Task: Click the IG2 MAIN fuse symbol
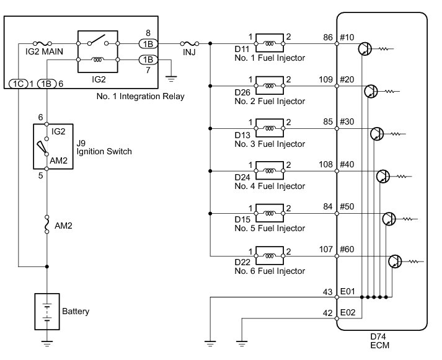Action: point(42,43)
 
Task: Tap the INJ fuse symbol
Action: point(190,43)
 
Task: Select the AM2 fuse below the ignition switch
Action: point(46,224)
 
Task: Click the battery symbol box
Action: point(46,312)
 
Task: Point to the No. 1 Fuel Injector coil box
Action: point(270,43)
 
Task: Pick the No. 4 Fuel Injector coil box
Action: point(270,170)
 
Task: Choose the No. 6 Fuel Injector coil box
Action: point(270,256)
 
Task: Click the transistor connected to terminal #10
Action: point(365,49)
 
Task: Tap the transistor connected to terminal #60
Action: point(395,261)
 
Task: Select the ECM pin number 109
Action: point(326,80)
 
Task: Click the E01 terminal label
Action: point(348,291)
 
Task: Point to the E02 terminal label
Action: point(348,312)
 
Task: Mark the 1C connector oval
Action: point(19,84)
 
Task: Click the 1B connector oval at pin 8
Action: point(148,44)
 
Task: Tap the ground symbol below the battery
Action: point(46,344)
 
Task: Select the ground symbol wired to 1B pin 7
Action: point(171,79)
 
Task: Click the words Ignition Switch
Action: point(104,152)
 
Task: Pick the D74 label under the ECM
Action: point(378,336)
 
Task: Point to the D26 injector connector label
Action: point(242,92)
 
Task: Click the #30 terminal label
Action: point(347,121)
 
